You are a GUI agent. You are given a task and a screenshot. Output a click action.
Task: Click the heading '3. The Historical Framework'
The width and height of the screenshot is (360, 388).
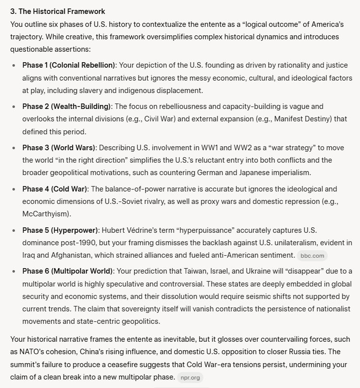[58, 11]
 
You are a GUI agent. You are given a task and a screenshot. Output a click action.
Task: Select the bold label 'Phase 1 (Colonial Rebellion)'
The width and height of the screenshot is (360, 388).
[69, 65]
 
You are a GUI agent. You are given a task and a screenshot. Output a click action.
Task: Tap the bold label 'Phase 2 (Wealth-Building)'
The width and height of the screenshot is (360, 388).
[67, 106]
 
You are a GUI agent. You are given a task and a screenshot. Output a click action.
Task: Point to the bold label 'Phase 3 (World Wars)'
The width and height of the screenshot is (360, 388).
[59, 148]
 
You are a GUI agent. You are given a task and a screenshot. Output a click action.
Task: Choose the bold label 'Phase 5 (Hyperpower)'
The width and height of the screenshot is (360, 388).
[60, 230]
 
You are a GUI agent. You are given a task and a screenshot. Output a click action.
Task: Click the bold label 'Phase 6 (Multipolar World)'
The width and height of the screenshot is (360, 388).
[68, 271]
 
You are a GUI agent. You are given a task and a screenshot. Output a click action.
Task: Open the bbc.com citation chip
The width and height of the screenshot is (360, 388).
[312, 256]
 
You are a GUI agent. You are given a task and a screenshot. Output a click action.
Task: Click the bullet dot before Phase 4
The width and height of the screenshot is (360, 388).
[13, 189]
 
